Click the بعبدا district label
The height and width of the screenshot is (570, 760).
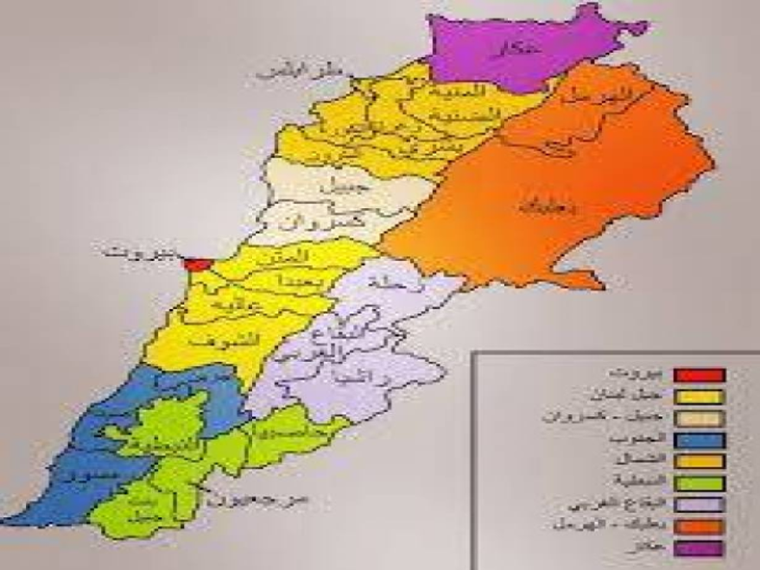286,282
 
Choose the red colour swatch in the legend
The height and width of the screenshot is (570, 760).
700,376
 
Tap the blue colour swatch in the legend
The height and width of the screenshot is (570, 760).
700,440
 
